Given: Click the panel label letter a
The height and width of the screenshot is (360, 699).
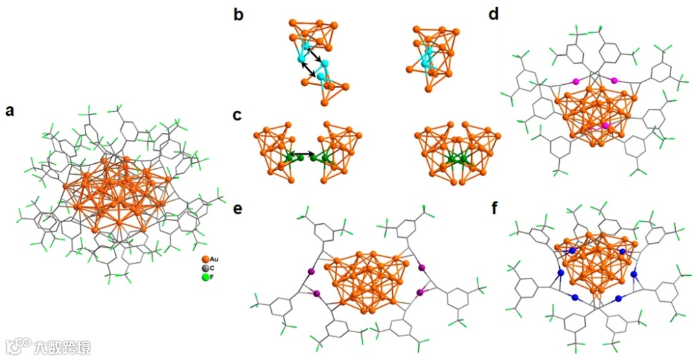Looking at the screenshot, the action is coord(10,110).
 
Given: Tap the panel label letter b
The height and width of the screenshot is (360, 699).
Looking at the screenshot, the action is coord(239,14).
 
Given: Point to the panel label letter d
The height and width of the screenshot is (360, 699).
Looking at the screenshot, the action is coord(494,14).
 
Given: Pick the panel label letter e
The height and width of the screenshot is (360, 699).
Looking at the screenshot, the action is coord(238,210).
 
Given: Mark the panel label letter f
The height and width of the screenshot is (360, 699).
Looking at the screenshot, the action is coord(494,210).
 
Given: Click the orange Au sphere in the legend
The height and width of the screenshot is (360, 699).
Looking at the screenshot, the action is coord(205,259).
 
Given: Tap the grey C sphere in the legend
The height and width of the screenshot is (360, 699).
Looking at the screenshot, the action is coord(205,268).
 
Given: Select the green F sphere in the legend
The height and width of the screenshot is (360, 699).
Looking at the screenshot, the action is coord(205,277).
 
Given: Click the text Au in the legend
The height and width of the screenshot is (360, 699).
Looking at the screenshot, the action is coord(214,259).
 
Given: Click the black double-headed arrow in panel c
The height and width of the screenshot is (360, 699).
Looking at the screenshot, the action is coord(305,155).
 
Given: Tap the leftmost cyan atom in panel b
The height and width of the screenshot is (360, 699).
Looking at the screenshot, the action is coord(301,60).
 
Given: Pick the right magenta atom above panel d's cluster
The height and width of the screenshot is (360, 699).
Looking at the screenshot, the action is coord(614,81).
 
